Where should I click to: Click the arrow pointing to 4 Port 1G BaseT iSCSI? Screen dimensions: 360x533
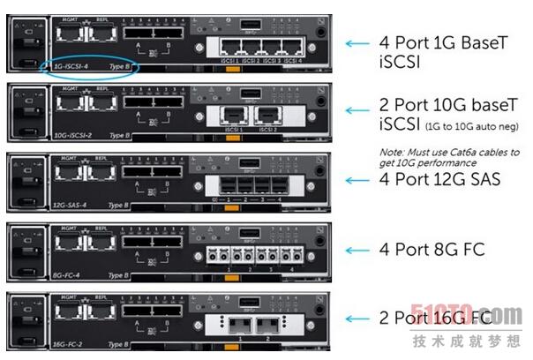pyautogui.click(x=357, y=42)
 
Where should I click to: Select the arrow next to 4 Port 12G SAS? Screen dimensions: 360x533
pyautogui.click(x=357, y=181)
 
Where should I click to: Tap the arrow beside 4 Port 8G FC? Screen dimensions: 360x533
pyautogui.click(x=357, y=250)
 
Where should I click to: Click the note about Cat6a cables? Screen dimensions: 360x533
pyautogui.click(x=449, y=157)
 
